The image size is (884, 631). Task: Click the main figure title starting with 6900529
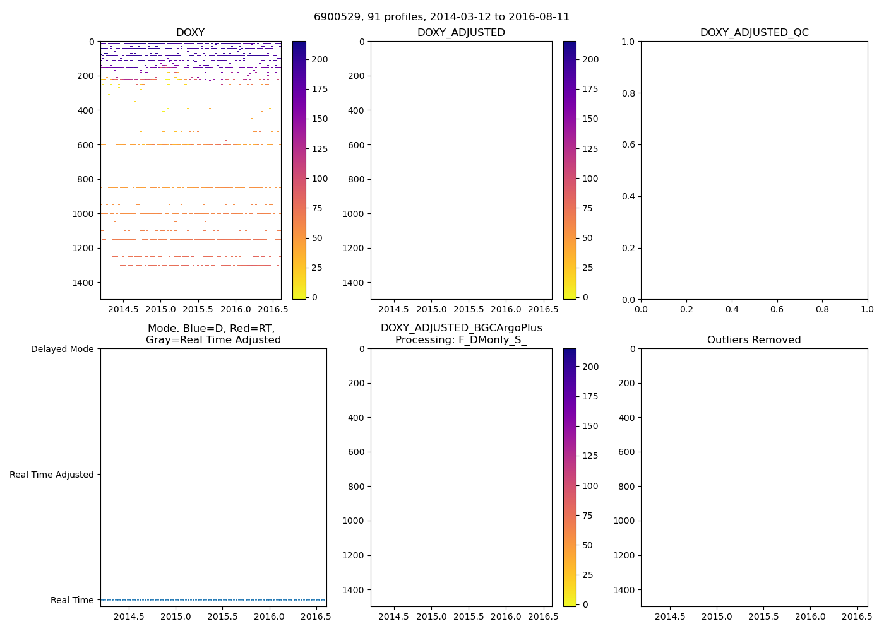tap(441, 17)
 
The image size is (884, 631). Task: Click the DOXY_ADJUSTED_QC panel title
tap(754, 33)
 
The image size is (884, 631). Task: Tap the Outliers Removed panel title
tap(754, 340)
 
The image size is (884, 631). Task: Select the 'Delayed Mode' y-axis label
tap(62, 350)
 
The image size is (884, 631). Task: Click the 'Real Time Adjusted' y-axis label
tap(51, 475)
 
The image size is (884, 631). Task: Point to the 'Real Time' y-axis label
tap(72, 600)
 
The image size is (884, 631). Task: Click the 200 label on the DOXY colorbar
tap(320, 59)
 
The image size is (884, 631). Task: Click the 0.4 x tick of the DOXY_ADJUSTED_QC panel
tap(732, 309)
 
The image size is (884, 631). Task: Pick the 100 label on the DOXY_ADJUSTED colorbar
tap(590, 179)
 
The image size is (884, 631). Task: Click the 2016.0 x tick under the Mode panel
tap(270, 616)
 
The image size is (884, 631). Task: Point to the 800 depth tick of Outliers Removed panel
tap(626, 487)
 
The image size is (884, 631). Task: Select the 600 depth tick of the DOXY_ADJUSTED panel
tap(356, 145)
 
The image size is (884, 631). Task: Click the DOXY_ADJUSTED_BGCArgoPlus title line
tap(461, 328)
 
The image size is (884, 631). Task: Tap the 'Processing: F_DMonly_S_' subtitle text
tap(461, 340)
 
